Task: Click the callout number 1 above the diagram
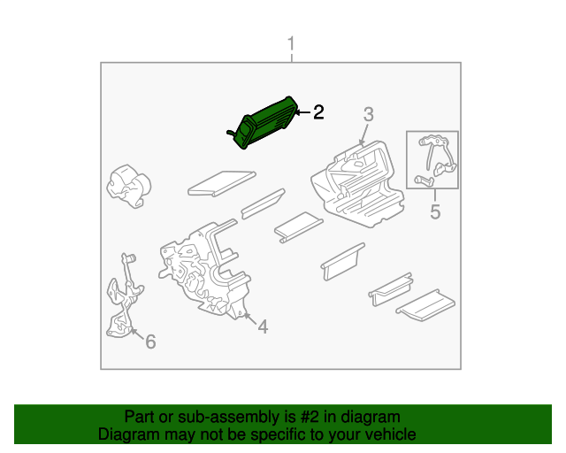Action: click(291, 43)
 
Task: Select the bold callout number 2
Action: click(318, 112)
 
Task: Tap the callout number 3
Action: click(368, 114)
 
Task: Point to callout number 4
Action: click(263, 326)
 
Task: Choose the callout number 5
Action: click(435, 211)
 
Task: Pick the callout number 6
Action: click(150, 342)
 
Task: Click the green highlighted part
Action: click(264, 122)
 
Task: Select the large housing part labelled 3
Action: click(357, 183)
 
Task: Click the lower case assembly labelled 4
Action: click(205, 270)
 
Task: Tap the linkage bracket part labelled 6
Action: click(124, 296)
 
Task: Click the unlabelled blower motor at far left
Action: click(128, 186)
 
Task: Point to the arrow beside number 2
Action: click(302, 112)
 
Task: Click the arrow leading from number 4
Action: click(249, 319)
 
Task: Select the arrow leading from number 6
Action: click(137, 334)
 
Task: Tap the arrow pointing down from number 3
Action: click(363, 134)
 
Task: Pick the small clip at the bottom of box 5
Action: click(424, 180)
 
